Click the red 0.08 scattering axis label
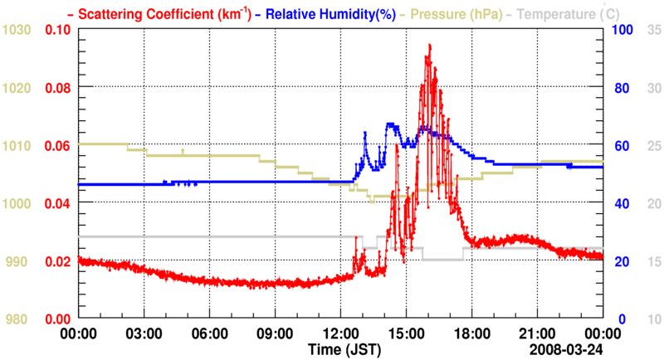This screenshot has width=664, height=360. (57, 87)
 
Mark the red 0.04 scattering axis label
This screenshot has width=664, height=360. (57, 203)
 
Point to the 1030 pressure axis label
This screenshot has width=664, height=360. (17, 30)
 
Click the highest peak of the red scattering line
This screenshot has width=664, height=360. (429, 45)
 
